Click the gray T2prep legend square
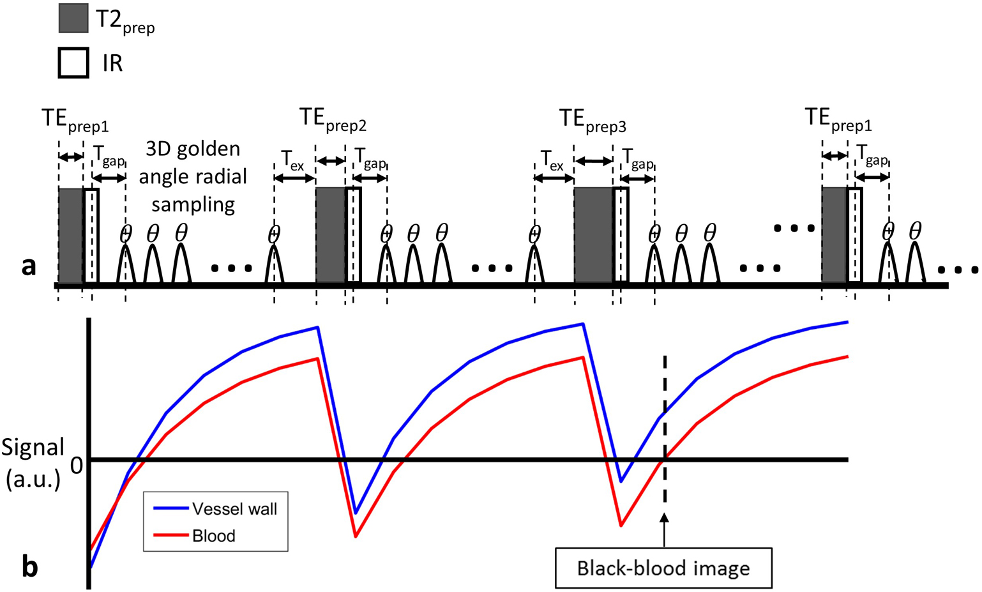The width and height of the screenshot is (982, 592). click(73, 18)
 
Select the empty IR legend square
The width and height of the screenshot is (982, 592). click(73, 63)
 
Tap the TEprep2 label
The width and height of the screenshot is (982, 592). click(332, 119)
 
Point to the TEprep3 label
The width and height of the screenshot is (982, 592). click(592, 120)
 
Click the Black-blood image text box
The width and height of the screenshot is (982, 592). click(663, 568)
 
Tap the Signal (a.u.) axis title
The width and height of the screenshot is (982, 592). click(33, 463)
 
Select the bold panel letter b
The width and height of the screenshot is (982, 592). click(29, 567)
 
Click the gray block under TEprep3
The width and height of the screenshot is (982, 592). click(593, 235)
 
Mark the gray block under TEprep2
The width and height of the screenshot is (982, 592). click(331, 235)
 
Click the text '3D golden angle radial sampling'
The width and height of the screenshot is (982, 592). click(193, 176)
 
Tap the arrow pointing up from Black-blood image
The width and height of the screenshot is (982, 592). click(665, 530)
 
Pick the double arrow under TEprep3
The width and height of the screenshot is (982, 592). click(593, 162)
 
